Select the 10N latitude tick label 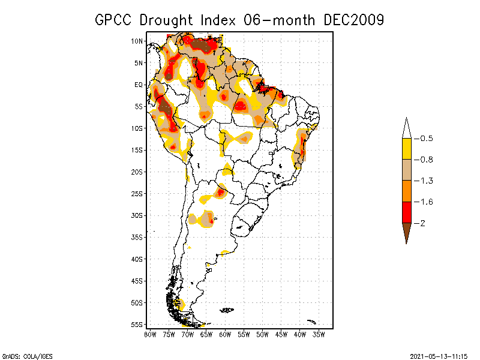(x=137, y=41)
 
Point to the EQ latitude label (x=138, y=85)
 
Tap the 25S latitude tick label (x=137, y=193)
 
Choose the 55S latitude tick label (x=137, y=325)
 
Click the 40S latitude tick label (x=137, y=259)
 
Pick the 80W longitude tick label (x=150, y=334)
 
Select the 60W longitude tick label (x=225, y=334)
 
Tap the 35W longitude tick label (x=319, y=334)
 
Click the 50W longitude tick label (x=262, y=334)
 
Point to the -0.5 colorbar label (x=424, y=139)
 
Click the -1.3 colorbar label (x=424, y=181)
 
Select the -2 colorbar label (x=420, y=223)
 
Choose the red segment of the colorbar (x=406, y=212)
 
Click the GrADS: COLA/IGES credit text (x=22, y=355)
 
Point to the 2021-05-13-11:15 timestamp (x=439, y=355)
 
